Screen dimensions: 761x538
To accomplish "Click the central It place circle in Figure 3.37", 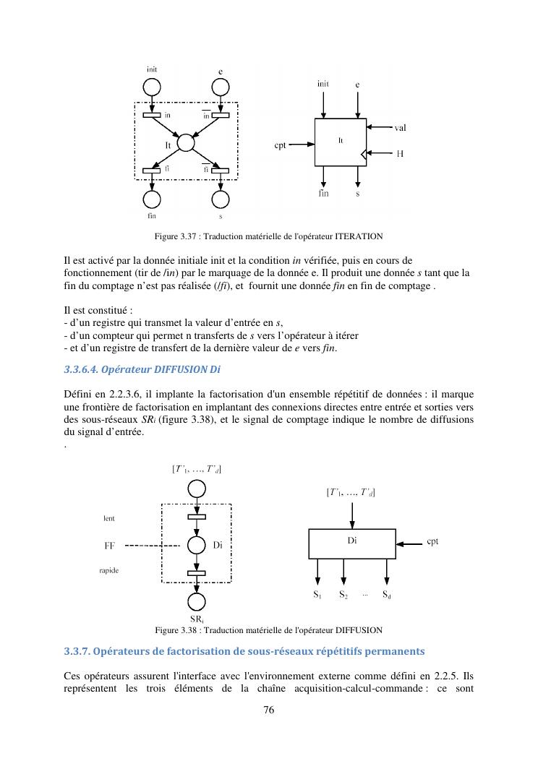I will point(186,142).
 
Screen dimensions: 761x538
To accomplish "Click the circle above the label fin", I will point(152,199).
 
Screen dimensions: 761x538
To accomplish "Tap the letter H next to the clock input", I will point(399,153).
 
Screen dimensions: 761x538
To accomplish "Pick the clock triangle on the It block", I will point(362,153).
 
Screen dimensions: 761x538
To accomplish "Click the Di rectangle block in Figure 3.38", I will point(352,543).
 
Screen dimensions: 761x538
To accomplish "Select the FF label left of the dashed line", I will point(111,546).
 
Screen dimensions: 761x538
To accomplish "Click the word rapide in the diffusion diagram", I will point(109,571).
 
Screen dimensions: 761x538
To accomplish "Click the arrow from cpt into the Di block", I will point(409,541).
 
